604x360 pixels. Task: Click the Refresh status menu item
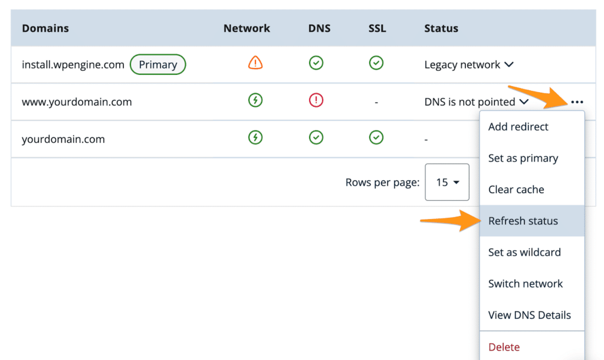(523, 221)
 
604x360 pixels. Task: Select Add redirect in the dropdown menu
(518, 127)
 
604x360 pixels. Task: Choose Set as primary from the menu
(523, 158)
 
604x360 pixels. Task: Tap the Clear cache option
(516, 189)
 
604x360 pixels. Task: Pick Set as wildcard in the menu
(524, 253)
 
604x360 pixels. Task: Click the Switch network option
(526, 284)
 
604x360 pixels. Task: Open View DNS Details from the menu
(529, 315)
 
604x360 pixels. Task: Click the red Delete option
(504, 347)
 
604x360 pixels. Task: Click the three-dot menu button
(577, 102)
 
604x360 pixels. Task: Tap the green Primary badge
(158, 64)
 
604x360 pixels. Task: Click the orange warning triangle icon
(255, 63)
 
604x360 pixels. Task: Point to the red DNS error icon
(316, 100)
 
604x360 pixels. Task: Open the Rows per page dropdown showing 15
(447, 182)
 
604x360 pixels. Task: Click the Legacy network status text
(462, 65)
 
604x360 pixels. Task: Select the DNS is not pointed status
(470, 102)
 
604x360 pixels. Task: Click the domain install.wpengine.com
(73, 65)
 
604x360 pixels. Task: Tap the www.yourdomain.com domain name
(77, 102)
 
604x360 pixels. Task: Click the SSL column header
(377, 28)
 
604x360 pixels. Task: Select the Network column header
(247, 28)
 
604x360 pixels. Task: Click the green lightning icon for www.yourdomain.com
(255, 100)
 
